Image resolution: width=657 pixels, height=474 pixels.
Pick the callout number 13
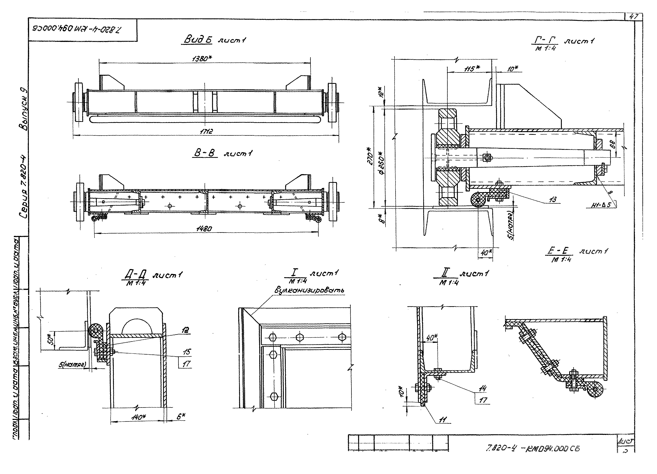[552, 199]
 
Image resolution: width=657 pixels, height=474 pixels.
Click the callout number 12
[185, 330]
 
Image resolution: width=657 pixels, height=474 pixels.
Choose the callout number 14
[482, 388]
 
